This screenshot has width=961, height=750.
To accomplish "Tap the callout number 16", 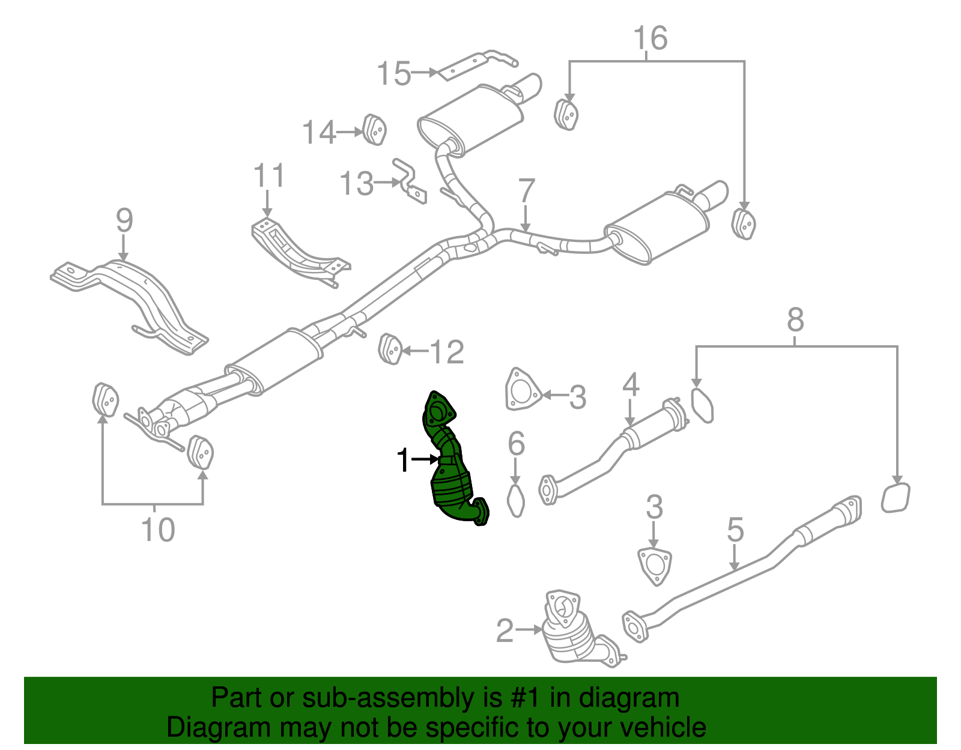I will pos(650,38).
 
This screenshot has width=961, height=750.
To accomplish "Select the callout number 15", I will pos(394,74).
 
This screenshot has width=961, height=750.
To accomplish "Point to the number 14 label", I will pos(319,132).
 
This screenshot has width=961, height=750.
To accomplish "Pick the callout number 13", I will pos(357,184).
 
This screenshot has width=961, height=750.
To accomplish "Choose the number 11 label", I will pos(268,177).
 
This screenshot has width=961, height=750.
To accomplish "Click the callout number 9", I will pos(124,221).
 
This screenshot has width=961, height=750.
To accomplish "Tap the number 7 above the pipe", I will pos(526,191).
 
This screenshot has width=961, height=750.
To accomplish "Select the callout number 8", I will pos(795,320).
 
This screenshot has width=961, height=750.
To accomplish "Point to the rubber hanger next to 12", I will pos(390,349).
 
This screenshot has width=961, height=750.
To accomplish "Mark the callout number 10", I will pos(158,530).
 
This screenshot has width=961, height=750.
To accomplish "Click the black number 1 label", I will pos(403,461).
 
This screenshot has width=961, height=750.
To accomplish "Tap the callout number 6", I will pos(516,444).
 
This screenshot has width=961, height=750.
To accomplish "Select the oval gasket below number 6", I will pos(516,501).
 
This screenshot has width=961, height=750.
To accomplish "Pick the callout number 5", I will pos(735,530).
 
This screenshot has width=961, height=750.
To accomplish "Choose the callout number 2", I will pos(505,631).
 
